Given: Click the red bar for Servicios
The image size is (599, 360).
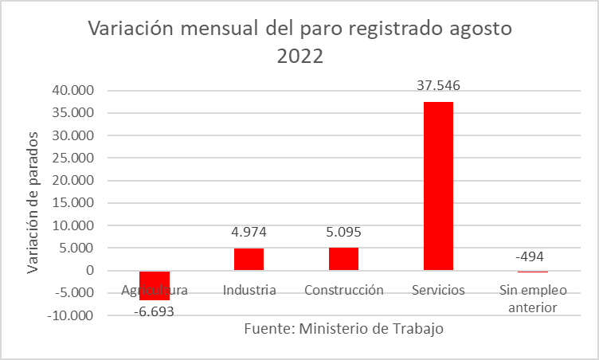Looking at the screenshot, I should pos(438,186).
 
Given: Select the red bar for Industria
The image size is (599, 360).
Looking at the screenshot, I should pos(249,260).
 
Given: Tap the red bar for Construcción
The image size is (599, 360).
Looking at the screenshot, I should pos(343,259).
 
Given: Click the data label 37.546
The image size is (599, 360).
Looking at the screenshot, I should pos(439,86).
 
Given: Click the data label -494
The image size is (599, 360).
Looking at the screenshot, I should pos(530,256).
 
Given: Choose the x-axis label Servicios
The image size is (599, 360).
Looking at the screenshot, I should pos(439,290).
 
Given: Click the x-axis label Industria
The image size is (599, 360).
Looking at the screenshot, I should pos(249,290).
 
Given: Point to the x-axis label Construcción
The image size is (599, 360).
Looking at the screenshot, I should pos(344,290).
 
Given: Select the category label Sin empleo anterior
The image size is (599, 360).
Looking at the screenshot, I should pos(533,298).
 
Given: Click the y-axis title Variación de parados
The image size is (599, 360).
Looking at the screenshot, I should pos(33,203).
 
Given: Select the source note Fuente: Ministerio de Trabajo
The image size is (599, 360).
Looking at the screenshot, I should pos(343,328).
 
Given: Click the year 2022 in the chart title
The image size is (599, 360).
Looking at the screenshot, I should pos(301,57).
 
